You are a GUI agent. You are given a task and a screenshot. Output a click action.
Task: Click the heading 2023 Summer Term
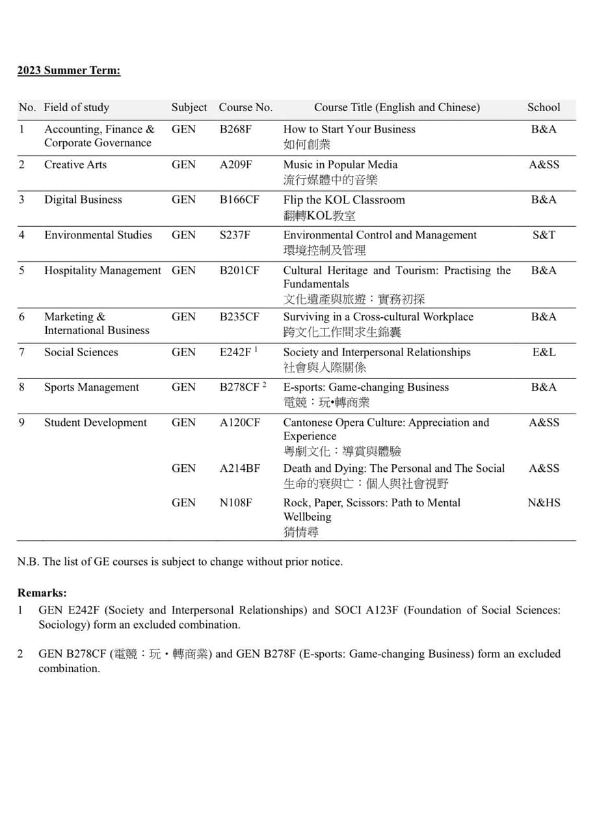pyautogui.click(x=69, y=71)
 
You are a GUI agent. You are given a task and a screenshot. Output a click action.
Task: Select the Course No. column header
pyautogui.click(x=245, y=108)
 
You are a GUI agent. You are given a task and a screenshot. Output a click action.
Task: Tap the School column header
pyautogui.click(x=543, y=108)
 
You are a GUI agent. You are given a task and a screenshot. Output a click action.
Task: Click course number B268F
pyautogui.click(x=235, y=129)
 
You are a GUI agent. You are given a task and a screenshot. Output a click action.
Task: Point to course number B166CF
pyautogui.click(x=239, y=200)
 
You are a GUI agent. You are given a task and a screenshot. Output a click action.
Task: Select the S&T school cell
pyautogui.click(x=543, y=235)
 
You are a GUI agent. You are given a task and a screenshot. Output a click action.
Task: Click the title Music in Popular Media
pyautogui.click(x=340, y=165)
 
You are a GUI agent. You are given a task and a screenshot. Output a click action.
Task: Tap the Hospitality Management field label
pyautogui.click(x=102, y=270)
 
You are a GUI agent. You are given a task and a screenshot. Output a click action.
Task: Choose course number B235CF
pyautogui.click(x=239, y=317)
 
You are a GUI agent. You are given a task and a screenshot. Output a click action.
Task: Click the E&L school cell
pyautogui.click(x=543, y=352)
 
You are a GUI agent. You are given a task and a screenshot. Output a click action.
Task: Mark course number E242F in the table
pyautogui.click(x=235, y=352)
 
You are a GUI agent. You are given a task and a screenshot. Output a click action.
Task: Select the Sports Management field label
pyautogui.click(x=91, y=387)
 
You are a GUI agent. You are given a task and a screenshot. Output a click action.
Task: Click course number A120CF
pyautogui.click(x=239, y=422)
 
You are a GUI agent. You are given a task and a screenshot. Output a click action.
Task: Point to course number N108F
pyautogui.click(x=235, y=503)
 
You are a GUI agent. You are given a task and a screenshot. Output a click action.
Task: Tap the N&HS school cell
pyautogui.click(x=543, y=503)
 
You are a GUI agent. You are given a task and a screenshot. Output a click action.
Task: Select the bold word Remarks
pyautogui.click(x=42, y=593)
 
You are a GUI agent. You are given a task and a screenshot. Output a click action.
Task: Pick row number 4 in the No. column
pyautogui.click(x=21, y=235)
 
